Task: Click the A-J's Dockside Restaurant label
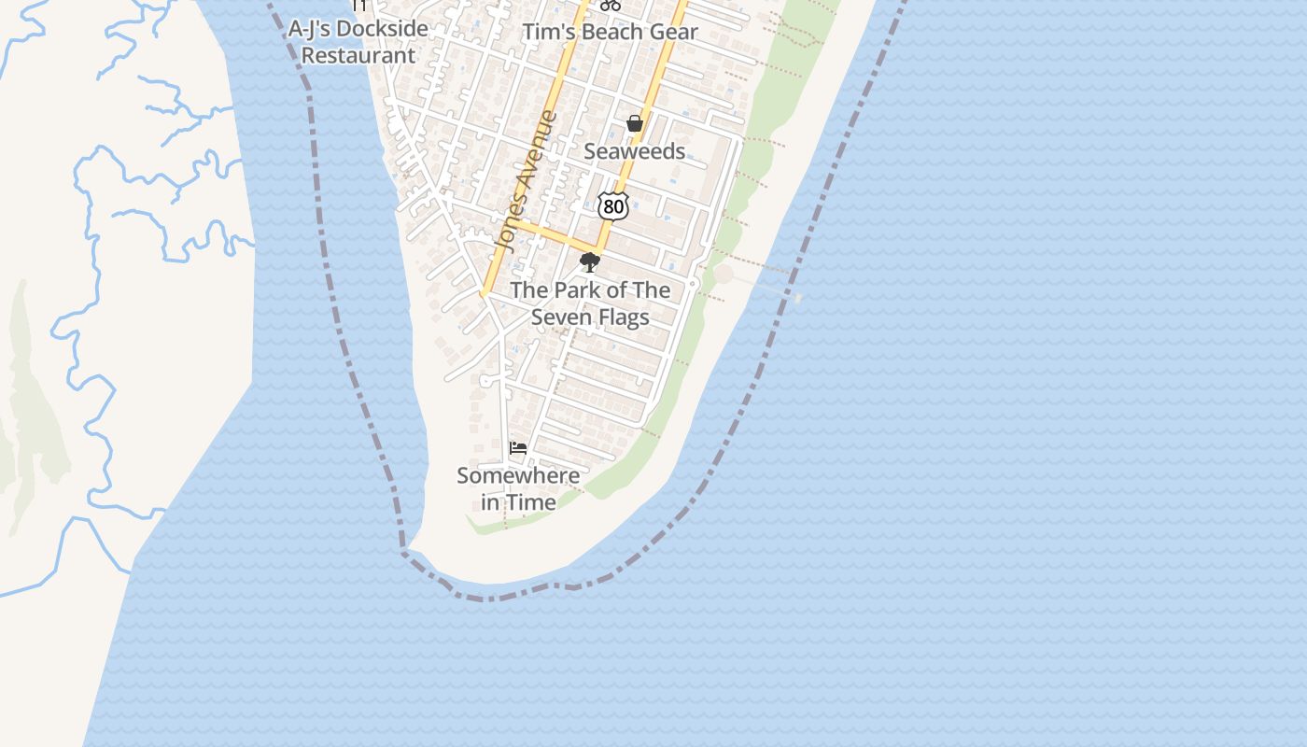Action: click(358, 42)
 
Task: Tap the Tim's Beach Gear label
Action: click(610, 32)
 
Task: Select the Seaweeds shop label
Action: click(635, 151)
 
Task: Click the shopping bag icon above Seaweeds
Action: click(635, 123)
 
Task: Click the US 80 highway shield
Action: click(612, 206)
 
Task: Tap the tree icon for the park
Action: click(589, 262)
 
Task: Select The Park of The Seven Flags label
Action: click(590, 303)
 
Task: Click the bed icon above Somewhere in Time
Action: click(518, 448)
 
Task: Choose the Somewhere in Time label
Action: click(518, 488)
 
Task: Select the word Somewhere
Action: click(518, 475)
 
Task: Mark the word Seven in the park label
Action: click(564, 317)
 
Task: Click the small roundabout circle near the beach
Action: click(693, 283)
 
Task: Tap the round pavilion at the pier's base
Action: click(724, 274)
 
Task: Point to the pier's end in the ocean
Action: click(798, 298)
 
